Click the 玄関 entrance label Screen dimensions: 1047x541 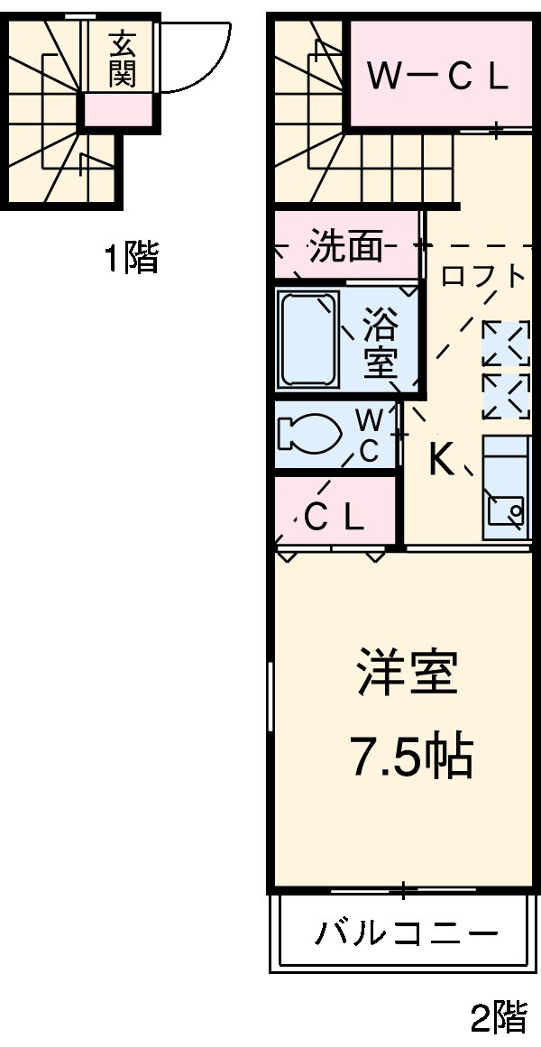click(123, 60)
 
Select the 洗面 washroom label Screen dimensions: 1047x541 click(346, 246)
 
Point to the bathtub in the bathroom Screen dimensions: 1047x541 click(308, 339)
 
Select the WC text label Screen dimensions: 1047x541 click(370, 436)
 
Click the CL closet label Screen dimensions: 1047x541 click(334, 517)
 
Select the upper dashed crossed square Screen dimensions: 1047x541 click(505, 344)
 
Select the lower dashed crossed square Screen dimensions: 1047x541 click(505, 396)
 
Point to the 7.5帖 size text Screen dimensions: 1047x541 click(410, 758)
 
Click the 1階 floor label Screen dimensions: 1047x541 click(132, 260)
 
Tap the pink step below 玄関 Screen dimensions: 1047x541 click(118, 110)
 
